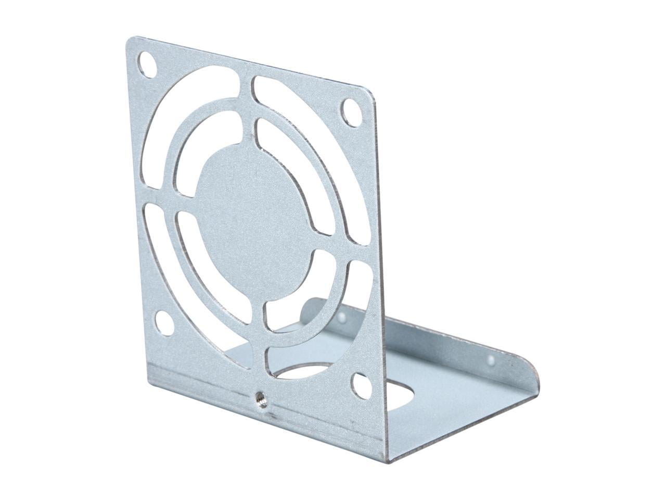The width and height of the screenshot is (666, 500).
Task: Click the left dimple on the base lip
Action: [342, 317]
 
